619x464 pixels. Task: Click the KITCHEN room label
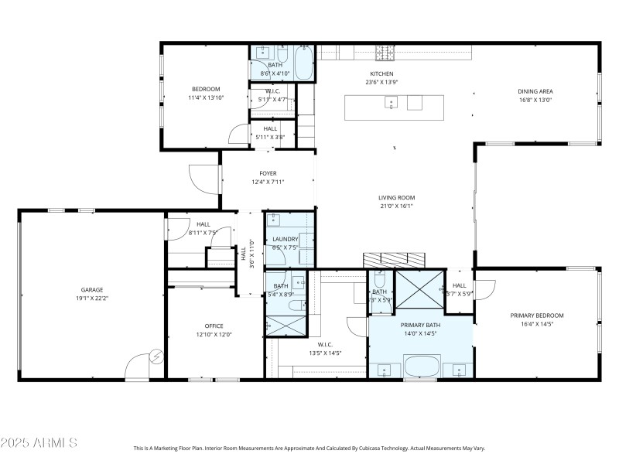381,73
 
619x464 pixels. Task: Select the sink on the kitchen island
392,102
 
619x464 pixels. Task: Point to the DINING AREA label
535,91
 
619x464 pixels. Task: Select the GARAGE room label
92,290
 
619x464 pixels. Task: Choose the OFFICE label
214,326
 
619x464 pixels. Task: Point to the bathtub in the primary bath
422,364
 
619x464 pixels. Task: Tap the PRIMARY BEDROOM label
536,316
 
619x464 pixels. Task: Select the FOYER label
268,173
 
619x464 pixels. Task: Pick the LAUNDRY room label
285,239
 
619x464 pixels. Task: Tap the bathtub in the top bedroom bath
303,65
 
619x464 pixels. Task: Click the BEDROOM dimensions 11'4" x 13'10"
206,98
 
